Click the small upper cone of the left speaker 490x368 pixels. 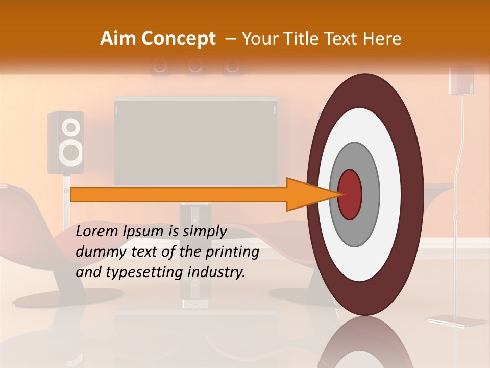pos(72,126)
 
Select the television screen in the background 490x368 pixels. pos(196,141)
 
